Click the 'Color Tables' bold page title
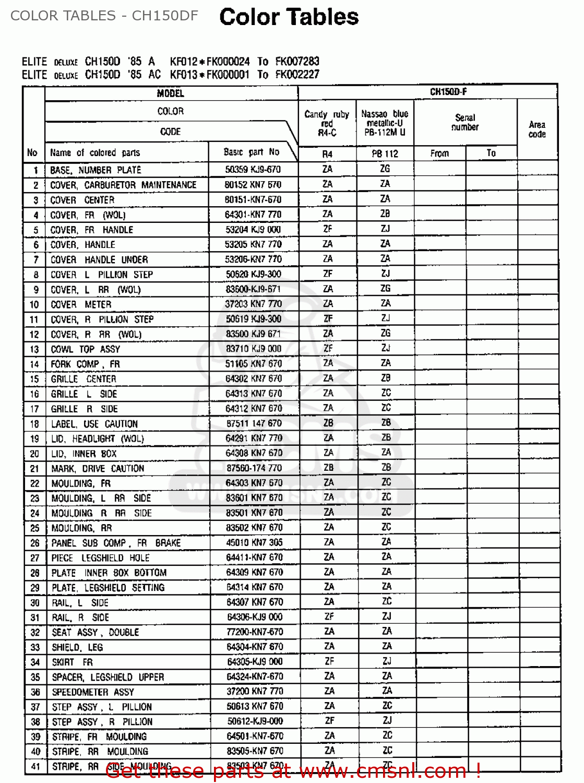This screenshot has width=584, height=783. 289,17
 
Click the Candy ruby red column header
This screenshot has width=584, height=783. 327,123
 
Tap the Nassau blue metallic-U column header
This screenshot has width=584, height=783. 385,123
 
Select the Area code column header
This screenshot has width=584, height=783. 537,129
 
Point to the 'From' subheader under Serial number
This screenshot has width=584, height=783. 439,153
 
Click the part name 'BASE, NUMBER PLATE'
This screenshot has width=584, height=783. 96,170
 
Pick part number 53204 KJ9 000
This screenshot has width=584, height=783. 253,230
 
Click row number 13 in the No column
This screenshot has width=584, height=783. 34,349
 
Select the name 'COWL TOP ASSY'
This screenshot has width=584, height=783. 86,349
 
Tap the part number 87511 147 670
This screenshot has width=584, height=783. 254,423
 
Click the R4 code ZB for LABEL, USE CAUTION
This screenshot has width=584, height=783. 328,423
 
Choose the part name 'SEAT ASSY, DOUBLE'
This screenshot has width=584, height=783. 96,632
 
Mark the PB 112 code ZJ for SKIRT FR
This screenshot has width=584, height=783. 386,661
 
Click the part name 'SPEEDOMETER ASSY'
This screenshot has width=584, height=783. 93,692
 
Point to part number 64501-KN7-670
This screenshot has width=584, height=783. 255,736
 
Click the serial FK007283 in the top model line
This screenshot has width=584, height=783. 297,61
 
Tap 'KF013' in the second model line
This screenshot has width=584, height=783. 184,75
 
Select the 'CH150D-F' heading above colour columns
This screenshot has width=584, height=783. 448,92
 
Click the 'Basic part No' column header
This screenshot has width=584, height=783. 252,152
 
